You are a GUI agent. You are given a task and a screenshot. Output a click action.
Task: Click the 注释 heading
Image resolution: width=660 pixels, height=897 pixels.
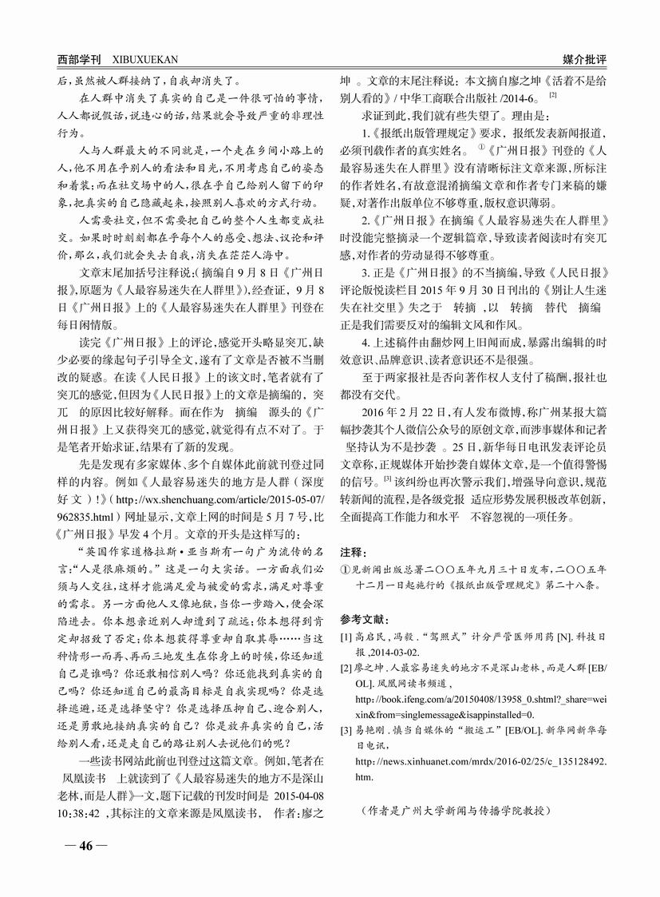point(354,552)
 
